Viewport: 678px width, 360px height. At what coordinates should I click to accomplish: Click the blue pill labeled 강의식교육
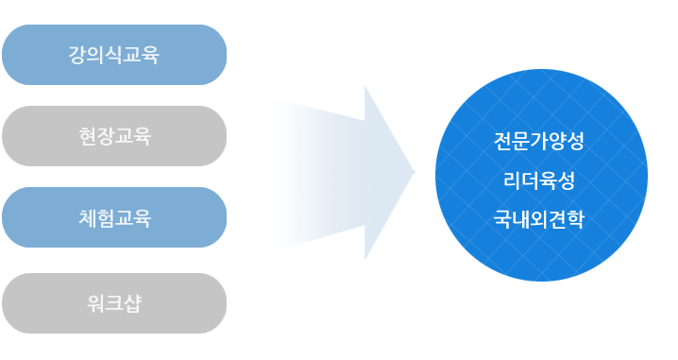point(114,55)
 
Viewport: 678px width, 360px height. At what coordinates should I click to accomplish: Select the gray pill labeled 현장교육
point(114,136)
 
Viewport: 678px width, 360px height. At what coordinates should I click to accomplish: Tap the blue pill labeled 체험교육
point(114,217)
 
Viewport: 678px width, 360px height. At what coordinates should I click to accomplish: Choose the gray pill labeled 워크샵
point(114,303)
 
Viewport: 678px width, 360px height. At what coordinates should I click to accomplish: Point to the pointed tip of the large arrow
point(415,172)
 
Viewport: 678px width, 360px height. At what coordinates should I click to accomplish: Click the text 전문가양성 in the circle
point(539,141)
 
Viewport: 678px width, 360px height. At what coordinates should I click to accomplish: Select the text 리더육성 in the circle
point(539,180)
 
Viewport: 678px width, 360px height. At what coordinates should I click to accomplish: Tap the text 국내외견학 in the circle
point(539,219)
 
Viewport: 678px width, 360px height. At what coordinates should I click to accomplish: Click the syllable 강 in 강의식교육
point(77,55)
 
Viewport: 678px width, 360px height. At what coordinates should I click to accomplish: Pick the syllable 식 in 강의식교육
point(114,55)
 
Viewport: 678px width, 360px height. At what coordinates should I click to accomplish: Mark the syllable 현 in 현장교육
point(87,136)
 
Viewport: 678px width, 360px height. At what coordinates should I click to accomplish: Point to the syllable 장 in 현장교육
point(106,136)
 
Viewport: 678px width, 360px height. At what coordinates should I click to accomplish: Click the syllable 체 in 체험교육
point(87,217)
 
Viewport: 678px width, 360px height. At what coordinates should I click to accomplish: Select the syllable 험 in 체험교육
point(106,217)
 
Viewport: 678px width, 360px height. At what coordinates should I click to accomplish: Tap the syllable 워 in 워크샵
point(96,303)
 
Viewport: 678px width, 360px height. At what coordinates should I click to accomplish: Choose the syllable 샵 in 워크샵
point(133,303)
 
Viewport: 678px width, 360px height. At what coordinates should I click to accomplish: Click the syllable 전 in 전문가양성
point(502,141)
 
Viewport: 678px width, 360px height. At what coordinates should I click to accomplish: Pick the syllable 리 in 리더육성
point(512,180)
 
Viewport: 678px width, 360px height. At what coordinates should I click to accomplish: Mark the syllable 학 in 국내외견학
point(575,219)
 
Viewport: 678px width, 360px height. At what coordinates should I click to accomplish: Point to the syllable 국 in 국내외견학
point(502,219)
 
